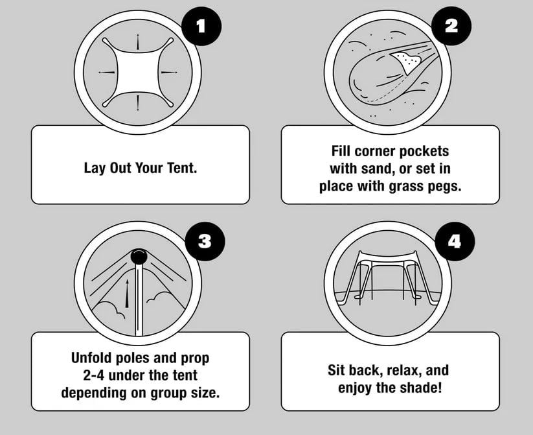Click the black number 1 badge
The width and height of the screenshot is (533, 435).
[201, 27]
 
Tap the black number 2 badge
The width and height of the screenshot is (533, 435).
[451, 27]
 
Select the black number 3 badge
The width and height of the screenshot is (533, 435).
[204, 241]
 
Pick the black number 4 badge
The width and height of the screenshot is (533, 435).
[455, 241]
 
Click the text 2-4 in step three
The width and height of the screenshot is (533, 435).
[82, 375]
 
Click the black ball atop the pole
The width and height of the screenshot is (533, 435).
[139, 257]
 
